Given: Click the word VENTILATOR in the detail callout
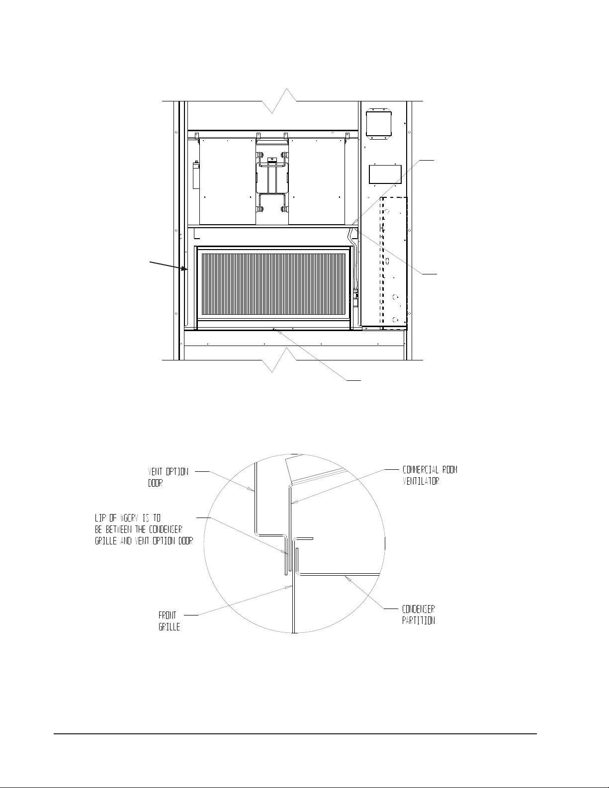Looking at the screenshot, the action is (x=421, y=481).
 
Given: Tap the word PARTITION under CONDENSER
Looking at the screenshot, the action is (x=418, y=620).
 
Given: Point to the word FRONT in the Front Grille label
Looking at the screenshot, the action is (x=168, y=615).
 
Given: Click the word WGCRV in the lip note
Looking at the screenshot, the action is (x=129, y=518).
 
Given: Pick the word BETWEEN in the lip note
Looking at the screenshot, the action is (x=118, y=529).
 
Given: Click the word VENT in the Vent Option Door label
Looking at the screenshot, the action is (x=155, y=472).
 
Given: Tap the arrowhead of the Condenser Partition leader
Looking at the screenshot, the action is (x=348, y=579).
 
